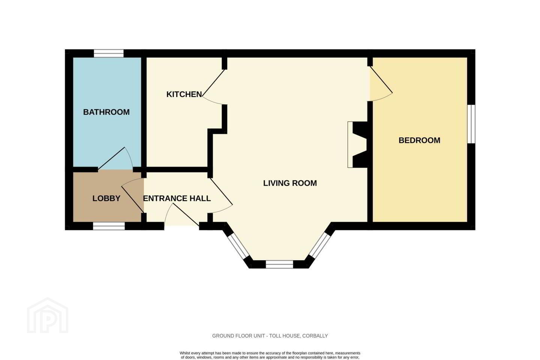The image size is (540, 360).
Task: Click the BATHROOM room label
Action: (x=106, y=112)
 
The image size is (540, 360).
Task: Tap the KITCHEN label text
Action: (x=184, y=94)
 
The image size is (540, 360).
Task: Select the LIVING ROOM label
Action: (x=290, y=183)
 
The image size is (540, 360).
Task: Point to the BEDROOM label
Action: (x=420, y=140)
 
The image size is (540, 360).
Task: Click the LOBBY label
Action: (x=106, y=198)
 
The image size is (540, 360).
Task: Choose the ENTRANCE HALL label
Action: (x=177, y=198)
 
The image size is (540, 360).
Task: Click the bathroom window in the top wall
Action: (x=109, y=53)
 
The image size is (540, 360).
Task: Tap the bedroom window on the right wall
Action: (x=471, y=124)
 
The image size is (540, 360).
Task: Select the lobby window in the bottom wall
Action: (x=109, y=226)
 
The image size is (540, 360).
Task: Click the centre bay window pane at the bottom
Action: (x=279, y=264)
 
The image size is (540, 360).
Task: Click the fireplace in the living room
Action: (x=357, y=145)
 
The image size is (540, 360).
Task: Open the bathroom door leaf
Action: (x=111, y=158)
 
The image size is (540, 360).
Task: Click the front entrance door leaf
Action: (x=186, y=215)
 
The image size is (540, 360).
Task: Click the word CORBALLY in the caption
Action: (x=315, y=336)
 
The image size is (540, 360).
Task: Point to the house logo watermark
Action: (x=48, y=315)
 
